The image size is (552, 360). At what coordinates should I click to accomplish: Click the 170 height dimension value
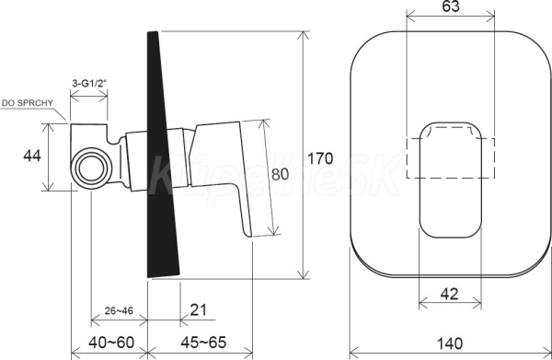tap(320, 158)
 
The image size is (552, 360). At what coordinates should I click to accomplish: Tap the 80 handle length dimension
tap(280, 174)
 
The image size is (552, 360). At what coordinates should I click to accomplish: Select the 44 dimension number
tap(32, 156)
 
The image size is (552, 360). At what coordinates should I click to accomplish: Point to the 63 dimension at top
tap(451, 6)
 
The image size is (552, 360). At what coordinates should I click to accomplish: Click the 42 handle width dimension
tap(450, 294)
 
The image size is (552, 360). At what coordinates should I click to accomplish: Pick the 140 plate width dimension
tap(450, 343)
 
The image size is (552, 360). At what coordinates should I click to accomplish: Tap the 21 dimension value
tap(198, 310)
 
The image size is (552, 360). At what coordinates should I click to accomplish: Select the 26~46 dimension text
tap(119, 310)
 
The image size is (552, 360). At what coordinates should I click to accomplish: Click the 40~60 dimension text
tap(111, 342)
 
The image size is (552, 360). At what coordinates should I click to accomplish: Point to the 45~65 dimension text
tap(203, 342)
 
